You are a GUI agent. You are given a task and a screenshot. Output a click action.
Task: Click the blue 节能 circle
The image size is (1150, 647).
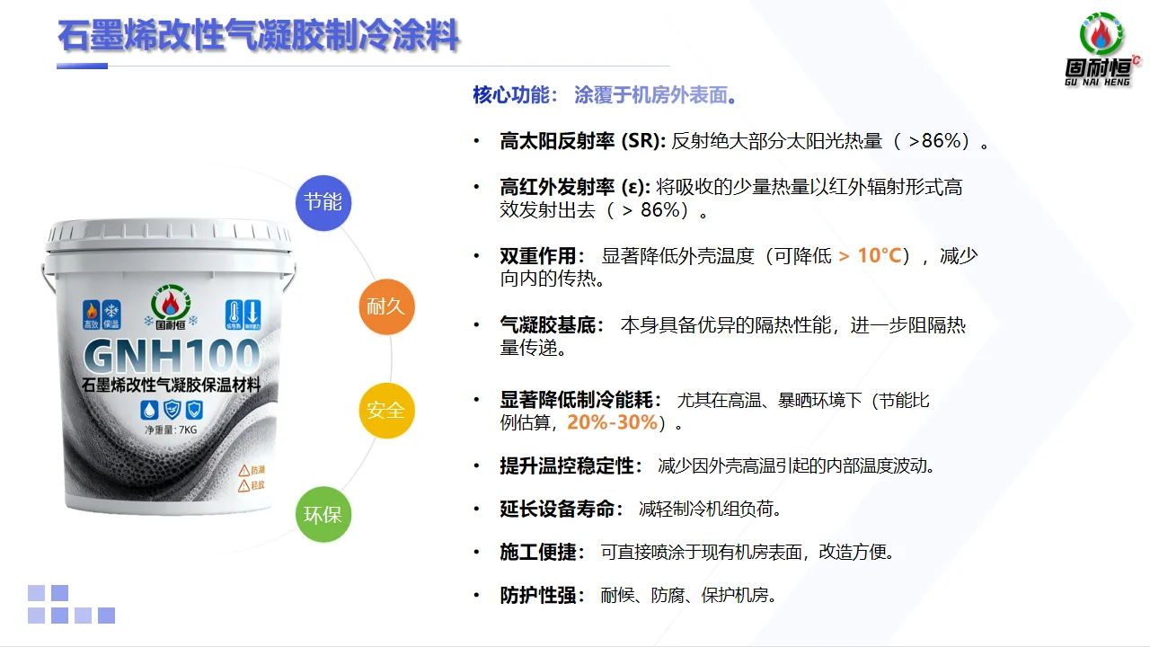click(323, 202)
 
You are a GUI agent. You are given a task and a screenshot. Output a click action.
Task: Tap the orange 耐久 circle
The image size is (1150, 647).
click(386, 306)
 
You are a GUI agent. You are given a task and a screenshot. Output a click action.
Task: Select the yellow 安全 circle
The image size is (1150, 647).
click(386, 410)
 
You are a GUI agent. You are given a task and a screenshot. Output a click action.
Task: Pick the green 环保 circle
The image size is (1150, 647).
click(323, 515)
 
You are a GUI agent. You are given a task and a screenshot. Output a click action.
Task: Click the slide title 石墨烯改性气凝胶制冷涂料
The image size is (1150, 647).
click(259, 37)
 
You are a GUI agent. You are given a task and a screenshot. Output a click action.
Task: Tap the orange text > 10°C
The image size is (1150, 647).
click(870, 256)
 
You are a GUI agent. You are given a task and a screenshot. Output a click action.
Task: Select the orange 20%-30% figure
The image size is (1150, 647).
click(612, 422)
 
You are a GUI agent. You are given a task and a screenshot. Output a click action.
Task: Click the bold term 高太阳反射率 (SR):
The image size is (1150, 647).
click(582, 141)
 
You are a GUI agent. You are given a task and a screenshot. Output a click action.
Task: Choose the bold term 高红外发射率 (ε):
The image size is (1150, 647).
click(575, 187)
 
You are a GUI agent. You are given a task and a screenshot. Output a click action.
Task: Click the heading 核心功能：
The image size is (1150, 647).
click(516, 95)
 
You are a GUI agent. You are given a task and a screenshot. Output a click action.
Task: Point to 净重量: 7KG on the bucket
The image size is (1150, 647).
click(171, 430)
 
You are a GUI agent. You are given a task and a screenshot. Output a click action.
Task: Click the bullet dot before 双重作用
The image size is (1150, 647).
click(477, 256)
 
